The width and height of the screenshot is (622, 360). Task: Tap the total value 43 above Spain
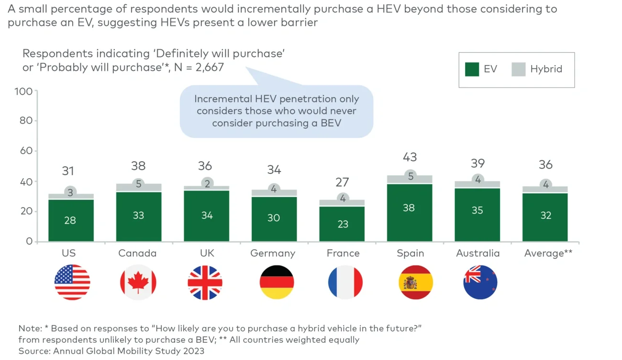click(x=410, y=157)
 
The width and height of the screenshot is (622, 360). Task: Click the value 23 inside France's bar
click(x=343, y=224)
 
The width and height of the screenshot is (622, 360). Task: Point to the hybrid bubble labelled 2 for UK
click(x=207, y=183)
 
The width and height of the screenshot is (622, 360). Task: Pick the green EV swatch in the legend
click(x=472, y=69)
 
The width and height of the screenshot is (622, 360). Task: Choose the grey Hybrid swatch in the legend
click(x=518, y=69)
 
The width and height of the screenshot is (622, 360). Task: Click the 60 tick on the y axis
click(x=26, y=151)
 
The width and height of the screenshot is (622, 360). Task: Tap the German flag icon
click(x=277, y=282)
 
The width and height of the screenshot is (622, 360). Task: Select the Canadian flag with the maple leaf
click(x=138, y=282)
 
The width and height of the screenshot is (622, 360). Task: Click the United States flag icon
click(x=72, y=282)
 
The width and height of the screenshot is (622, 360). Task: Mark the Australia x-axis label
click(x=478, y=253)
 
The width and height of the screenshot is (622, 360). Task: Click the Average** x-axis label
click(x=548, y=253)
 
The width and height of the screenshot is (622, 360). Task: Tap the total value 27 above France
click(x=342, y=182)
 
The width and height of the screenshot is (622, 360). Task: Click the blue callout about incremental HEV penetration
click(x=276, y=111)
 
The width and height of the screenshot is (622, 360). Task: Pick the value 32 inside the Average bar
click(x=545, y=215)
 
